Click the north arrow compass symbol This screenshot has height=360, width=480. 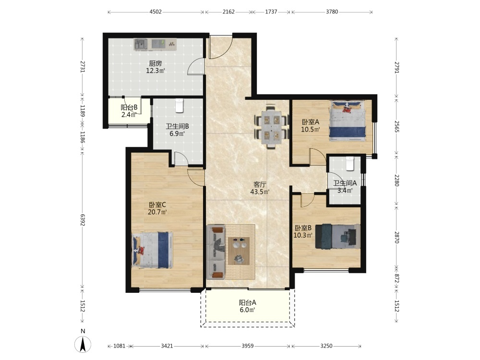point(83,344)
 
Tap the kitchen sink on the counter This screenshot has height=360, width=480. point(141,44)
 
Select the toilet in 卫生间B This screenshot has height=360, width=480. point(179,105)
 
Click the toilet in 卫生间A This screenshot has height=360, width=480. point(349,164)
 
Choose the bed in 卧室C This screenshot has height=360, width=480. point(152,250)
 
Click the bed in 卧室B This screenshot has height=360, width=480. point(337,236)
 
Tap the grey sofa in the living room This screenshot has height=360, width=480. point(216,252)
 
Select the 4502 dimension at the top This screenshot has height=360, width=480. point(156,12)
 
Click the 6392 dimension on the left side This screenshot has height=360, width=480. point(83,220)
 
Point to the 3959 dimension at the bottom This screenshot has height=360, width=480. point(248,346)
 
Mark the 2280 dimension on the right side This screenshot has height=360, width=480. point(397,180)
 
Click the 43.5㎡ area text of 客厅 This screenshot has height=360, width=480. point(260,192)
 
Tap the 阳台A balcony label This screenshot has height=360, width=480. point(248,302)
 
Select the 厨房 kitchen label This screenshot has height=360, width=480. point(156,64)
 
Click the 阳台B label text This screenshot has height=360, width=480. point(129,108)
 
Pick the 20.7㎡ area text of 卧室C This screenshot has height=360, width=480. point(157,212)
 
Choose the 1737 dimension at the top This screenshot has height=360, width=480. point(271,12)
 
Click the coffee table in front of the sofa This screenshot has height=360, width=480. point(239,251)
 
